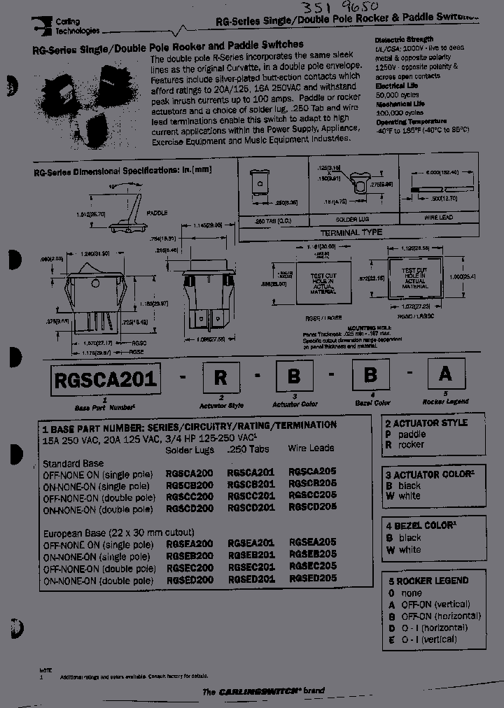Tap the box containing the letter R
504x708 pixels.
[x=221, y=378]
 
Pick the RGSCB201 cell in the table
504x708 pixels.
[x=251, y=483]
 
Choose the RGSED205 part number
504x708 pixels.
[x=312, y=579]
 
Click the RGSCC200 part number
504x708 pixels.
[x=189, y=495]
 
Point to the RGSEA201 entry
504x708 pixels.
[x=251, y=543]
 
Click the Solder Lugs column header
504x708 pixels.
[x=189, y=449]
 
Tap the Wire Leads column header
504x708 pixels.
[x=311, y=448]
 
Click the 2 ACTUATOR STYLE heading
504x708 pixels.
[x=426, y=423]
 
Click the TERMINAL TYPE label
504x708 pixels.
[x=351, y=232]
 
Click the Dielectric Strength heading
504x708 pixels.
[x=404, y=40]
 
